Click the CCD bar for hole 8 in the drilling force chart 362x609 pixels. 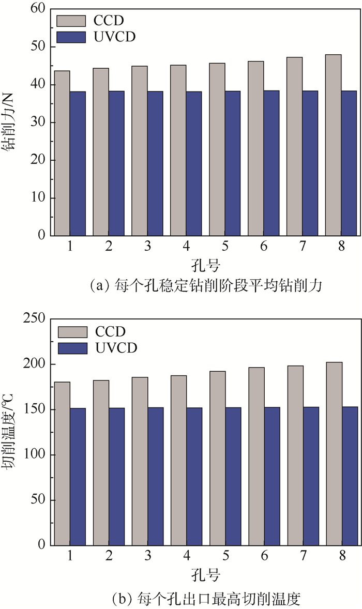(x=333, y=145)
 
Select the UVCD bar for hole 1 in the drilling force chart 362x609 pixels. (x=78, y=163)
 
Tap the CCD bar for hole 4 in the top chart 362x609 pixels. (x=178, y=150)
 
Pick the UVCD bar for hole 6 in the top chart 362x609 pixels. (x=271, y=163)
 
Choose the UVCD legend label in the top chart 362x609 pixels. (x=111, y=37)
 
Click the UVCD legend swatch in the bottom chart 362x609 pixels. (x=72, y=348)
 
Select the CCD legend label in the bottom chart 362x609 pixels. (x=110, y=331)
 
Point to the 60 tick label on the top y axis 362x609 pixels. (x=38, y=9)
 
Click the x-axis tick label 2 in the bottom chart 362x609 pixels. (x=109, y=556)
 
